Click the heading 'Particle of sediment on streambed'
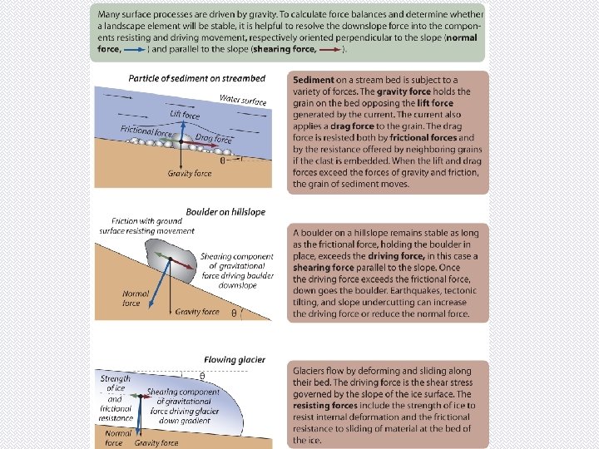click(x=196, y=78)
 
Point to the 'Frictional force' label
click(x=146, y=131)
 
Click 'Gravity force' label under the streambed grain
click(x=190, y=174)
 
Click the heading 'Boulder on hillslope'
click(x=225, y=212)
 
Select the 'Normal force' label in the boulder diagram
click(x=136, y=298)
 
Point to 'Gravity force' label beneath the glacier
click(x=156, y=443)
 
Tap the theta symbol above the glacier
click(x=202, y=376)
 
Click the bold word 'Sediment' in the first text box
click(x=314, y=80)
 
